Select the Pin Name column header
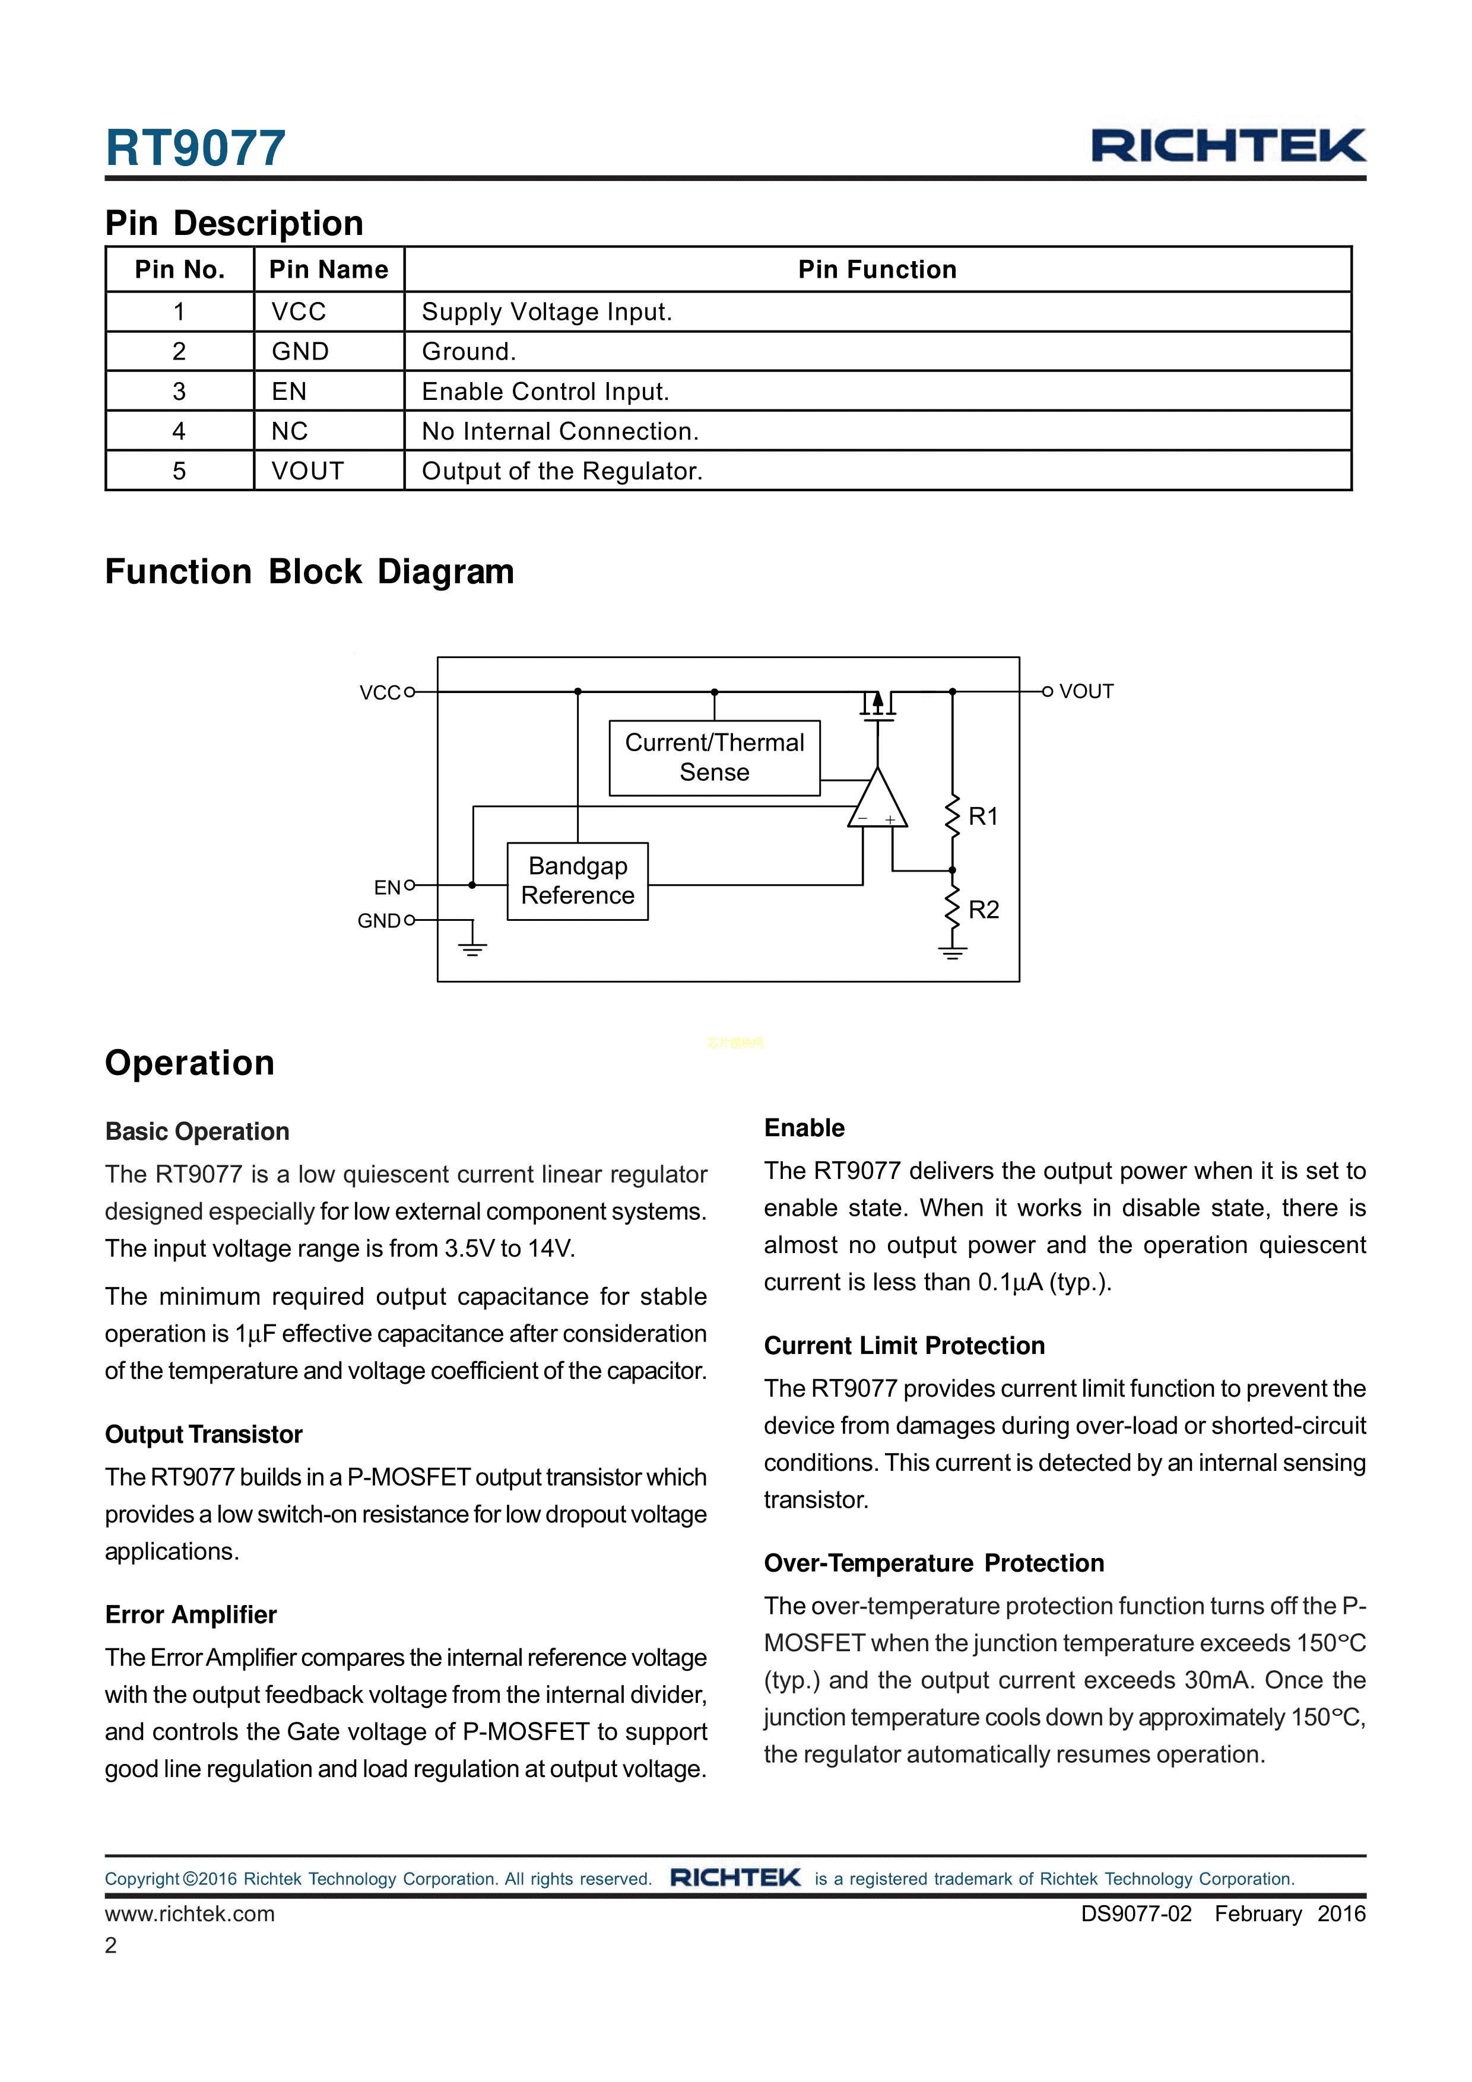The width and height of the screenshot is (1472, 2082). (x=328, y=269)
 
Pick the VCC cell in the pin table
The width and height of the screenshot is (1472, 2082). (x=299, y=312)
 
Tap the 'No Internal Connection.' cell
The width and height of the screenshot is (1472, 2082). (x=560, y=431)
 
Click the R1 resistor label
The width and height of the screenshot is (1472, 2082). (x=983, y=816)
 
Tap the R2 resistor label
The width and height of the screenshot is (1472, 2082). (x=983, y=910)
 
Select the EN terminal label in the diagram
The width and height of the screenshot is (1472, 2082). (x=387, y=887)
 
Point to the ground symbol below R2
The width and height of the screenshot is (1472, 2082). (x=951, y=952)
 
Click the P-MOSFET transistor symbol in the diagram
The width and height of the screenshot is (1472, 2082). (x=877, y=704)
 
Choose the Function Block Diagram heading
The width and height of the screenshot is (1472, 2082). (x=309, y=572)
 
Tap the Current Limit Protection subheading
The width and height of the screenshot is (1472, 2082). (x=903, y=1346)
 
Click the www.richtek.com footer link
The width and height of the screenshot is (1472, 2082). (x=189, y=1913)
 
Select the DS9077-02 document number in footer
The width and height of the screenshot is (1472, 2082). (x=1135, y=1913)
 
